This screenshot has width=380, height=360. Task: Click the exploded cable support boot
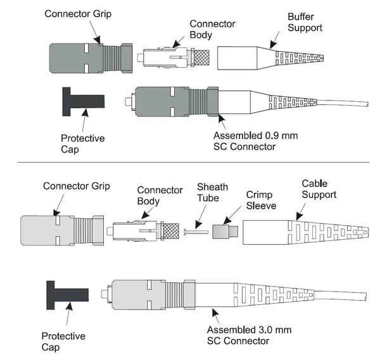[x=291, y=230]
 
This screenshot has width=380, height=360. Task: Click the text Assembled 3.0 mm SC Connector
[x=246, y=335]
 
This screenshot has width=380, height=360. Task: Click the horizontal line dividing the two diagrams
[x=190, y=163]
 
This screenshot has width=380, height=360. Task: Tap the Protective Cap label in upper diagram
[x=82, y=143]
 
